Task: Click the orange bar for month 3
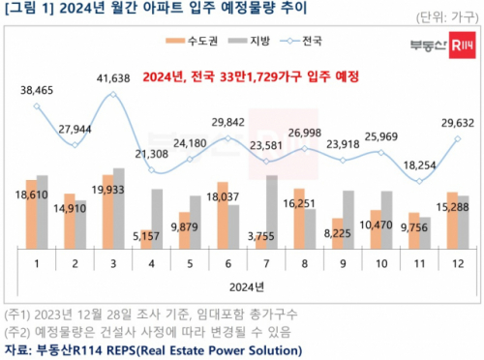106,214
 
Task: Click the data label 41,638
112,75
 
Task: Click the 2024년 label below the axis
242,287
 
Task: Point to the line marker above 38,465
37,106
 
